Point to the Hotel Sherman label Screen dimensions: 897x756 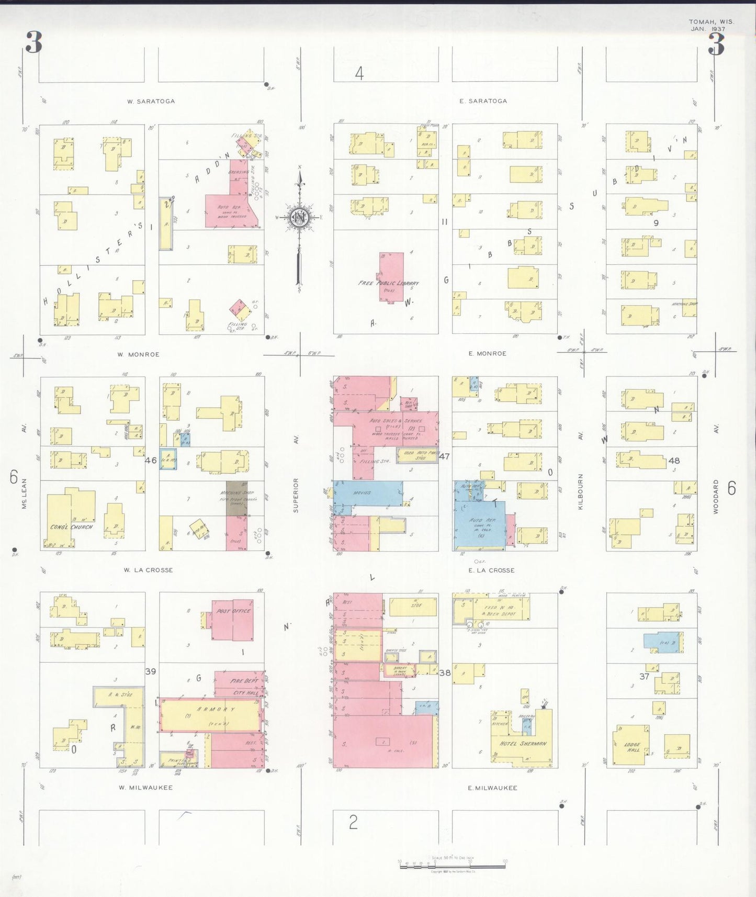click(523, 743)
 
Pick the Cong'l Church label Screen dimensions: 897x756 click(71, 527)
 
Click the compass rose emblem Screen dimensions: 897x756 click(300, 217)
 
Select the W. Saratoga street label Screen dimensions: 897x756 click(151, 101)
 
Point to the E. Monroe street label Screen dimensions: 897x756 click(488, 353)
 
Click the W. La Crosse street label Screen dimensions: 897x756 click(148, 570)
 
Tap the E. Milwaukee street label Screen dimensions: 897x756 click(492, 788)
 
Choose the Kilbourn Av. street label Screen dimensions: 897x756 click(580, 491)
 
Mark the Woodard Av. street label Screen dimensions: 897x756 click(716, 496)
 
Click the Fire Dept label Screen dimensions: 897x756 click(244, 681)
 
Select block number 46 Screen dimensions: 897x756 click(151, 461)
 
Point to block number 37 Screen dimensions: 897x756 click(644, 676)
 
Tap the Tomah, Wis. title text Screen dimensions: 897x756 click(711, 22)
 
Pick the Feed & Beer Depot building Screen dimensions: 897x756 click(500, 610)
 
